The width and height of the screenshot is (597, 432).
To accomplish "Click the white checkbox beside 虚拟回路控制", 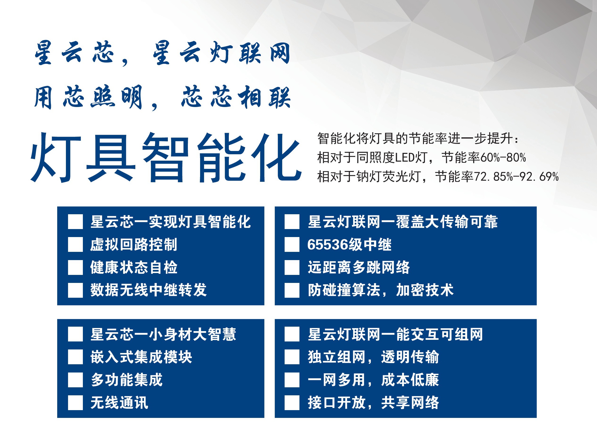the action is (x=75, y=245).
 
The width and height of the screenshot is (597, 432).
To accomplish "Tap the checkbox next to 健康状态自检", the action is (x=75, y=267).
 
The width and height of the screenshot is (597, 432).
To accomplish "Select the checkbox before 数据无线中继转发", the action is (x=75, y=290).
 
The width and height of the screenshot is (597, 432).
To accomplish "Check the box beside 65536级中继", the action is (x=292, y=245).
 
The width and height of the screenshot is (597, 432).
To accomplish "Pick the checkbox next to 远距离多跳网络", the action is (x=292, y=267).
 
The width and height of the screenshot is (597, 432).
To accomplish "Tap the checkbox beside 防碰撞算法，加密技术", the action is (x=292, y=290).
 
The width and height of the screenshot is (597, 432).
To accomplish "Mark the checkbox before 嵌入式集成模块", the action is (x=75, y=357).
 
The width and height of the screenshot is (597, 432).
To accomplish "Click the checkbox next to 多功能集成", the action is (x=75, y=380).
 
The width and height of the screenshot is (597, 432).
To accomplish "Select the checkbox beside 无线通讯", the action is (x=75, y=403).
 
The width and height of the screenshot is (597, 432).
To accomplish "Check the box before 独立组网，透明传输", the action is (x=292, y=357).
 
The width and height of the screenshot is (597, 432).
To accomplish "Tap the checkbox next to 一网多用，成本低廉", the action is (x=292, y=380).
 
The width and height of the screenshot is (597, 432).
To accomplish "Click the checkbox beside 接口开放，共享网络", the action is (x=292, y=403).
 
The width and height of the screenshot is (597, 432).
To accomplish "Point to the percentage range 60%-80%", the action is (x=503, y=158).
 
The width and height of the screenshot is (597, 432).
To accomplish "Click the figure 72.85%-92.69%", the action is (x=516, y=177).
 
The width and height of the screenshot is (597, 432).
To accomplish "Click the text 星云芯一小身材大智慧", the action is (x=163, y=334).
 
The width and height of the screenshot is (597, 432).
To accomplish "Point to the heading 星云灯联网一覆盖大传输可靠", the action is (x=403, y=222).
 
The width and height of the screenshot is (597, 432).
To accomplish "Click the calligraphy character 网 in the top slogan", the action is (x=280, y=53).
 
